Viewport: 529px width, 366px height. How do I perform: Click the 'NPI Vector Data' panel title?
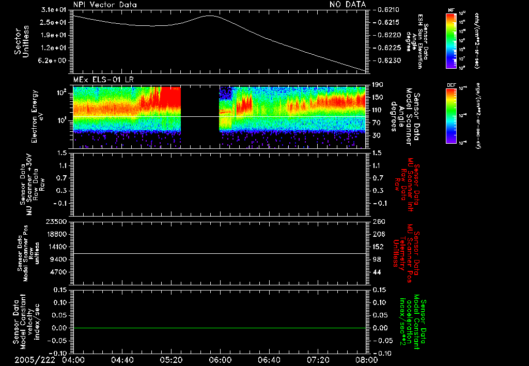pyautogui.click(x=105, y=4)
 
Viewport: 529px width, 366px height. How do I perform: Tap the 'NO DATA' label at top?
pyautogui.click(x=348, y=4)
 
